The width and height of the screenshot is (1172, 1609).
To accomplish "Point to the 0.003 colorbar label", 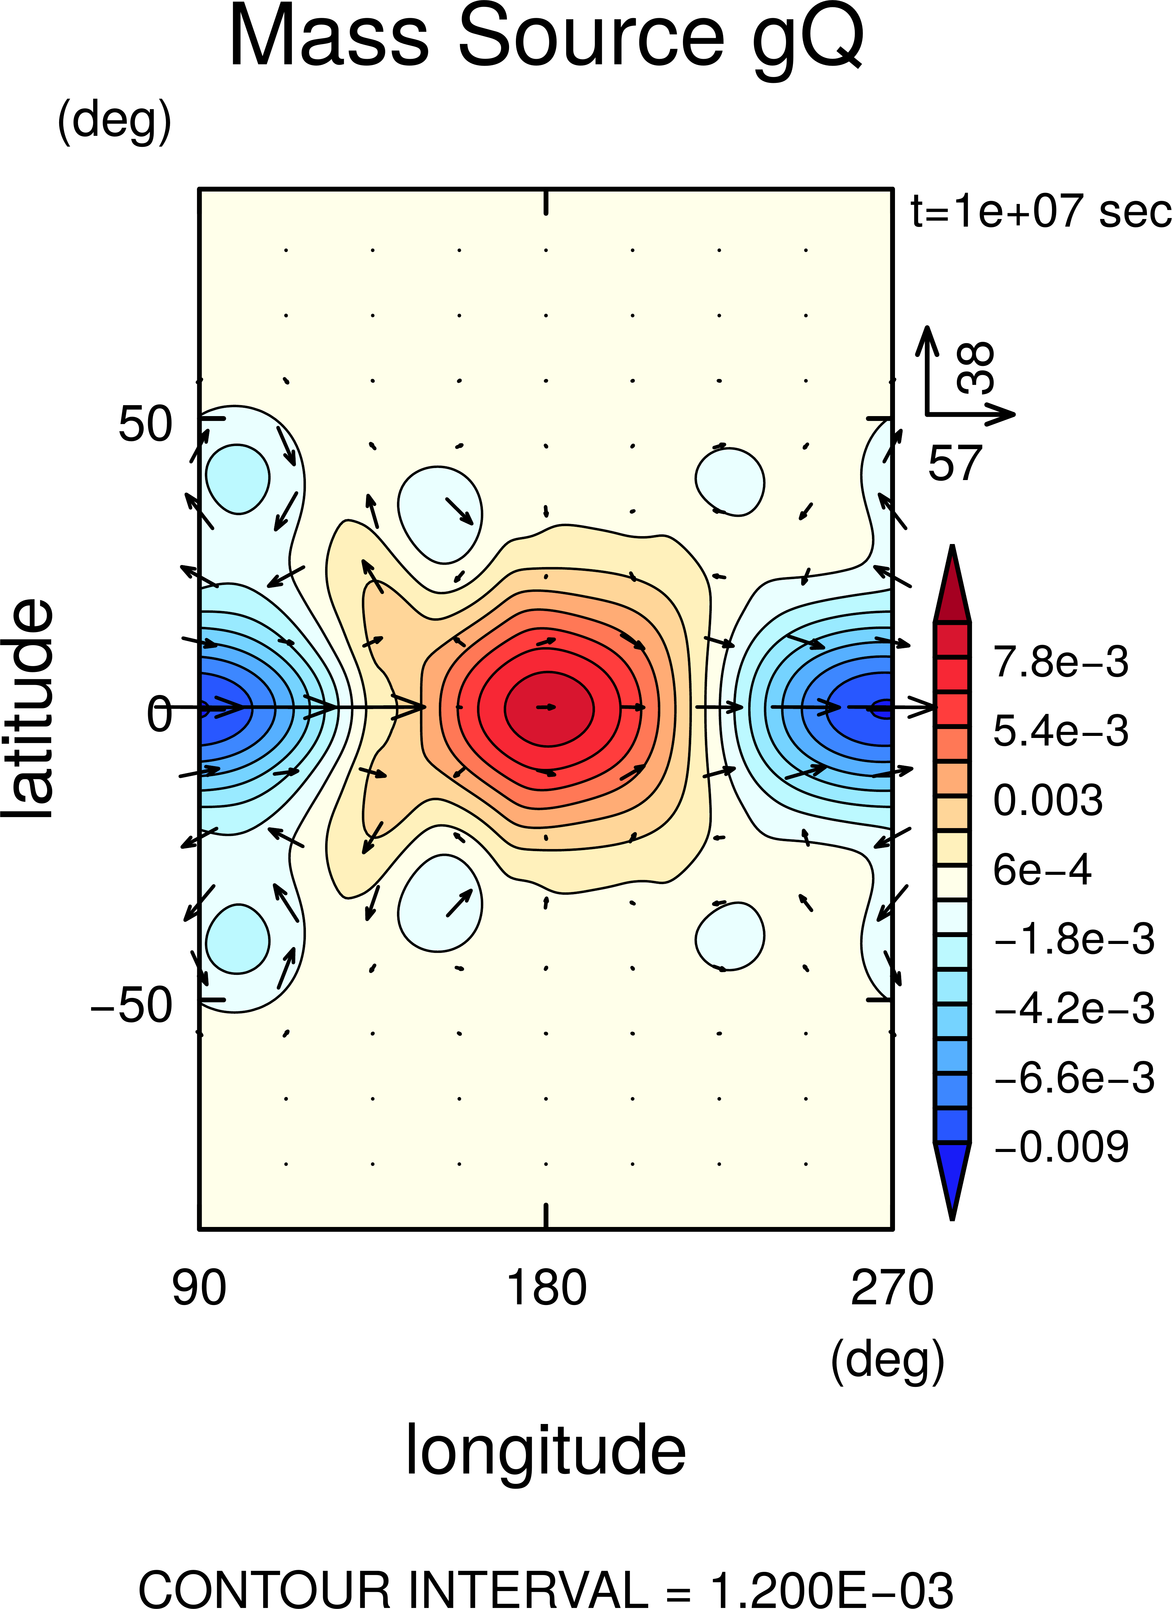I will point(1048,800).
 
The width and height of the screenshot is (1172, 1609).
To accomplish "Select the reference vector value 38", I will point(977,368).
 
